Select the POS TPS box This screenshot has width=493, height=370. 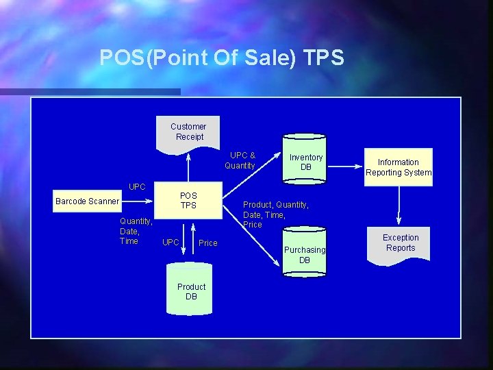tap(188, 200)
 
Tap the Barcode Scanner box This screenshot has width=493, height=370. tap(87, 201)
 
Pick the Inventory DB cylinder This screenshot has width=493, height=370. tap(306, 163)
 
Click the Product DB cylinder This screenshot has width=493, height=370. tap(191, 291)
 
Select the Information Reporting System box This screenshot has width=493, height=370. tap(399, 167)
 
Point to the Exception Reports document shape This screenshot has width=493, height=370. tap(401, 245)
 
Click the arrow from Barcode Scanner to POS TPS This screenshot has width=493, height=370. tap(140, 201)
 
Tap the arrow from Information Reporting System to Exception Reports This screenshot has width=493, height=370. tap(399, 202)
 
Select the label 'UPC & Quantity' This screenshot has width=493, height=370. tap(240, 160)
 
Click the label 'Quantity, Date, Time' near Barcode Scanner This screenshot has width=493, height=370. tap(136, 231)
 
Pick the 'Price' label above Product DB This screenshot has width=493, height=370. tap(208, 243)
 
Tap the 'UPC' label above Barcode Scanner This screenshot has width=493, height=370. tap(137, 186)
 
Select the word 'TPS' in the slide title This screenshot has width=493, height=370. tap(323, 58)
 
